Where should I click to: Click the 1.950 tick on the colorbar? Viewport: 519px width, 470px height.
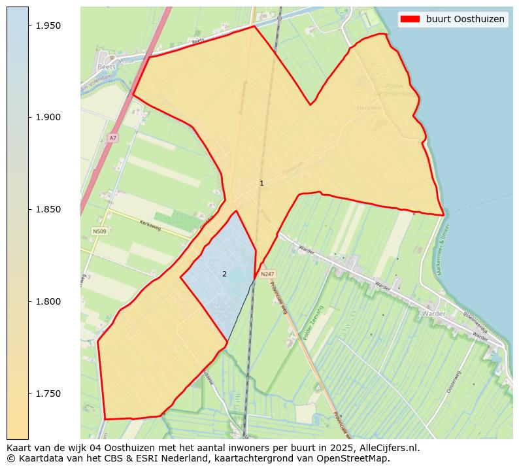[47, 25]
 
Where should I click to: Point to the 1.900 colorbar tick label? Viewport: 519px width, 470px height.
[47, 118]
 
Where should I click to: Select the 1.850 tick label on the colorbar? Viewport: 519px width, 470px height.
[47, 210]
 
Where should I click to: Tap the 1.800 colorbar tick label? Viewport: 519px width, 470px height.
[47, 302]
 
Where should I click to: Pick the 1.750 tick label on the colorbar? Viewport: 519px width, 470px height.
[47, 394]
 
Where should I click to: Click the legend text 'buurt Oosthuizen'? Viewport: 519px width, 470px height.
[465, 19]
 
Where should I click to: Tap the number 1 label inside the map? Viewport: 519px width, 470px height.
[261, 184]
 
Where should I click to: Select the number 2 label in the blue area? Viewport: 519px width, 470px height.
[224, 274]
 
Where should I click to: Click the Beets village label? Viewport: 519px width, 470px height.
[106, 67]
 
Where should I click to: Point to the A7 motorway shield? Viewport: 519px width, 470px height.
[113, 138]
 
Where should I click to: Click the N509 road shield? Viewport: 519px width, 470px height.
[99, 231]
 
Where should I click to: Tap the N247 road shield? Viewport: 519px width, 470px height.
[267, 275]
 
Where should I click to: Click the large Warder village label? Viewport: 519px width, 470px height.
[433, 314]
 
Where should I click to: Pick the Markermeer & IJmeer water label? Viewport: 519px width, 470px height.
[444, 249]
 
